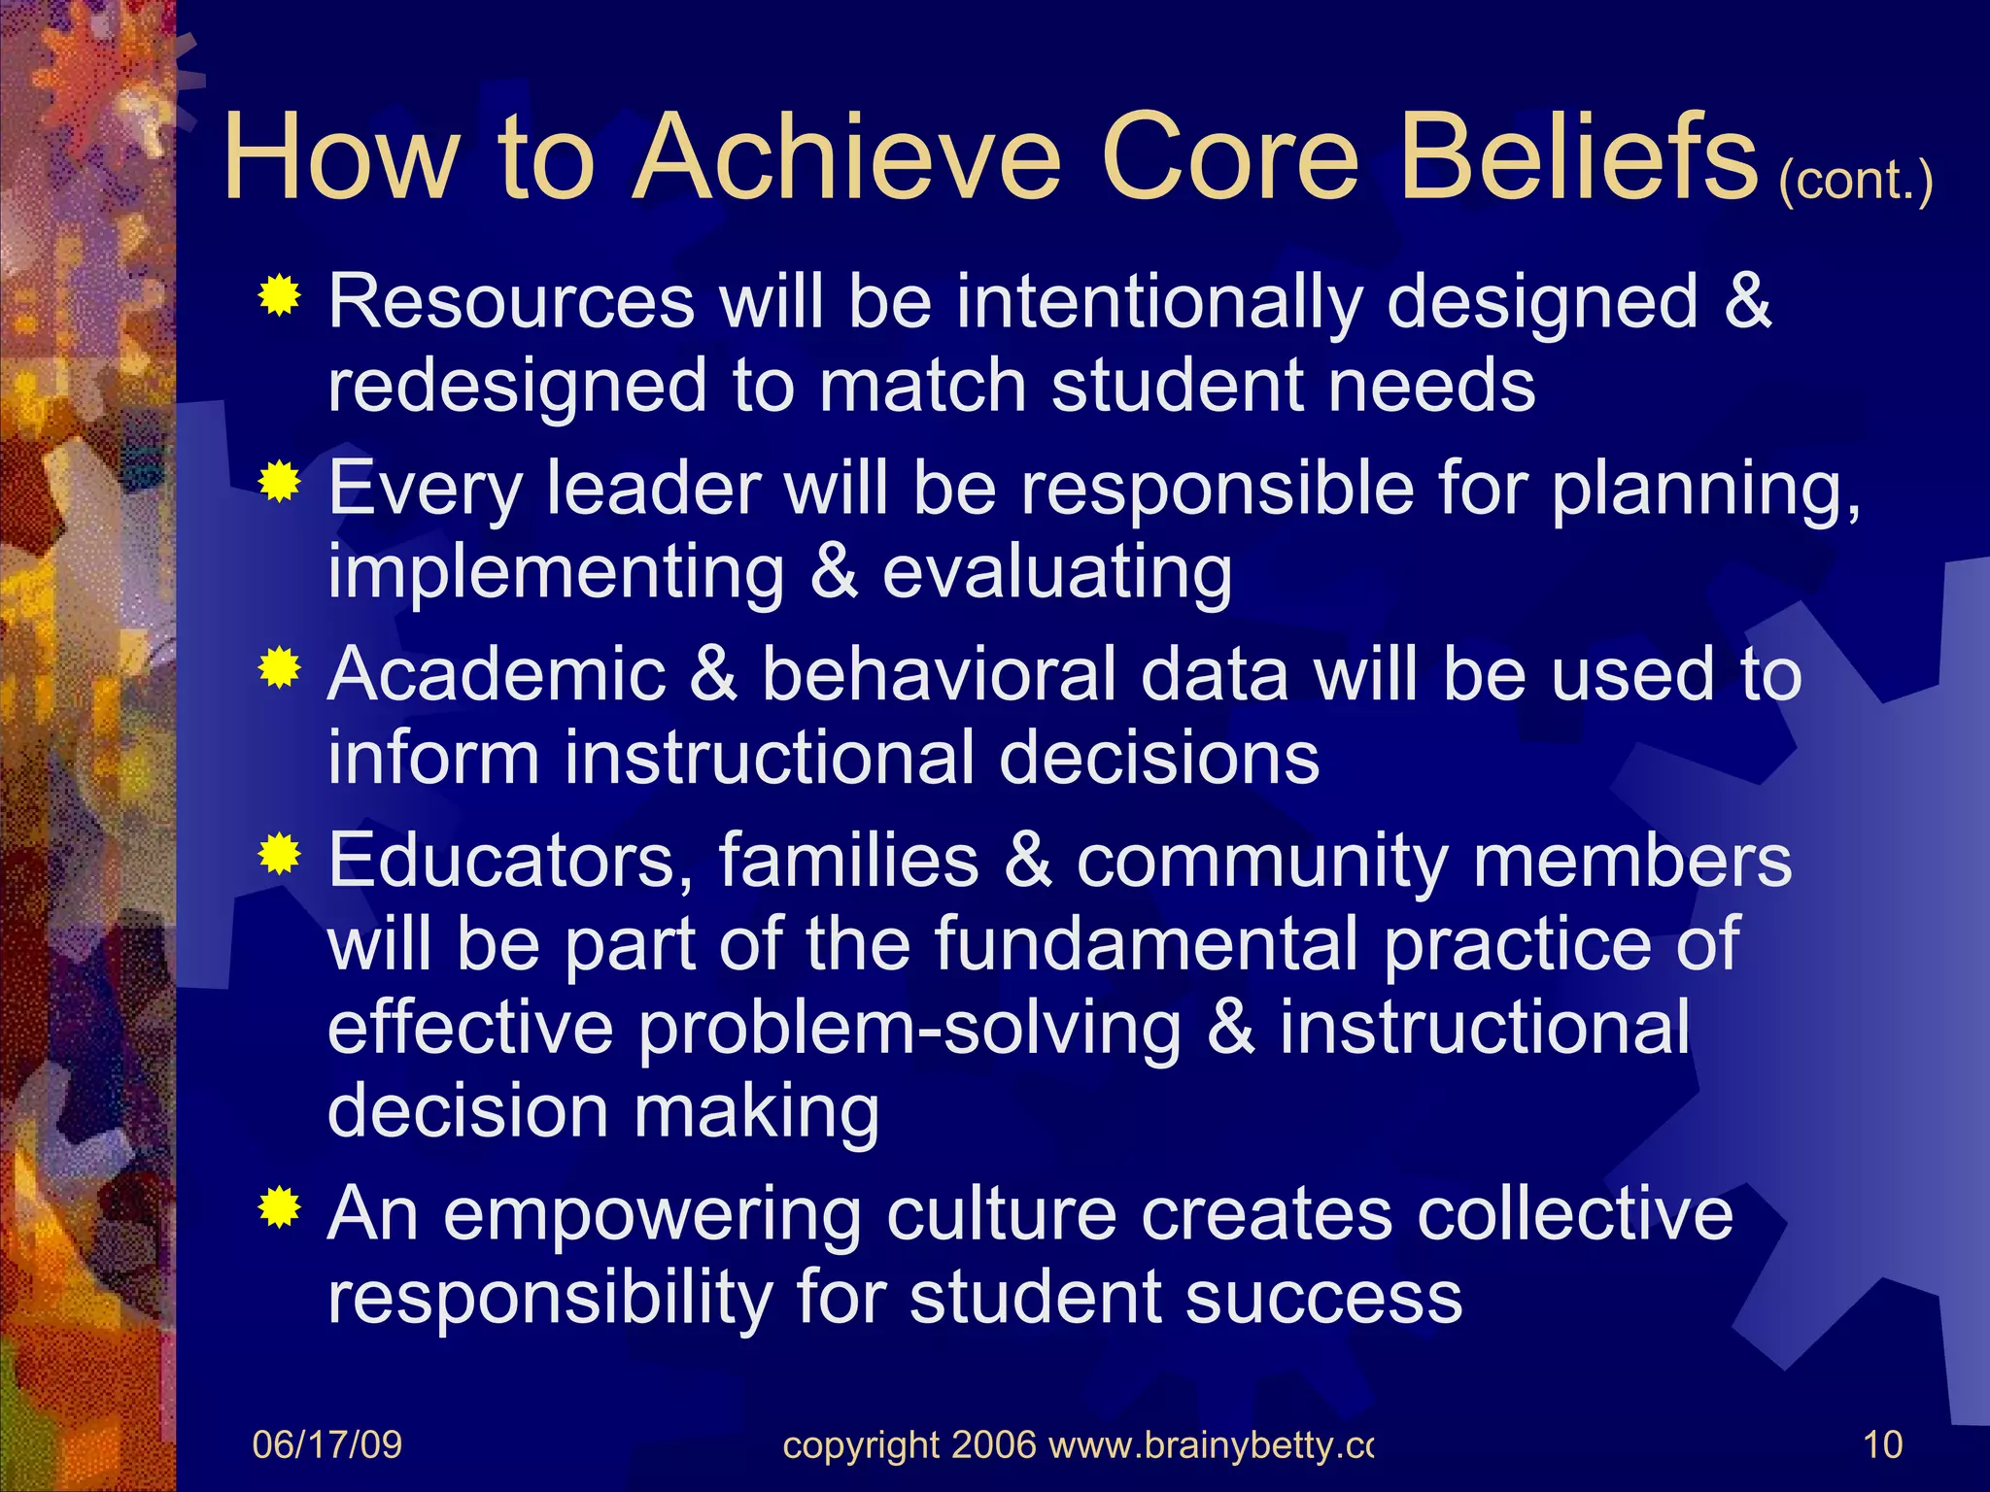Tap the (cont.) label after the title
(1855, 180)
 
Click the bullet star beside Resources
(279, 295)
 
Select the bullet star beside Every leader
(279, 482)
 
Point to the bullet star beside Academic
(279, 668)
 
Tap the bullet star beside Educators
(279, 855)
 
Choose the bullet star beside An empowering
(279, 1208)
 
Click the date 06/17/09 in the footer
(326, 1445)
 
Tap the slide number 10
(1882, 1445)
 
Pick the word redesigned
(517, 387)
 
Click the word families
(848, 861)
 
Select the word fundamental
(1147, 944)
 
